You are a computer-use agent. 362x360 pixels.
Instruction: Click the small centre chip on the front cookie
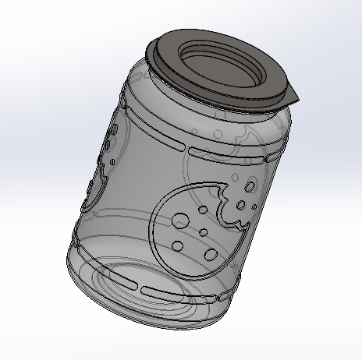coord(202,232)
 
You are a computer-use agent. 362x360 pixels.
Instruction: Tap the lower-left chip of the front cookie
coord(177,246)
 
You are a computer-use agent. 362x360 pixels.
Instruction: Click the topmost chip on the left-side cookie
coord(115,134)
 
